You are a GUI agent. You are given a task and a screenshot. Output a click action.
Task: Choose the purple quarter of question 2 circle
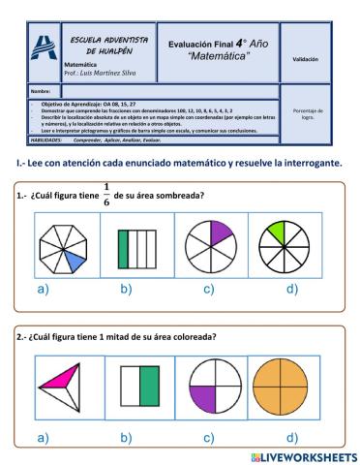pos(203,398)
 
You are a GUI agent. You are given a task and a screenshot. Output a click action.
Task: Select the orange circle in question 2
pos(280,386)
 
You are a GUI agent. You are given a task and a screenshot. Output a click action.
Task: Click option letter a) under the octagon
pos(42,290)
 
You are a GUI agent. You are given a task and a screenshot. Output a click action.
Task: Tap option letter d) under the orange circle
pos(291,438)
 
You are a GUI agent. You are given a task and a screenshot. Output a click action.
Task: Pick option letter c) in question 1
pos(208,290)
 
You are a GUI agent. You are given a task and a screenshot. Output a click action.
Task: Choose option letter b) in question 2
pos(126,438)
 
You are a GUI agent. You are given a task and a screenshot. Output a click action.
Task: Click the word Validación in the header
pos(305,59)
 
